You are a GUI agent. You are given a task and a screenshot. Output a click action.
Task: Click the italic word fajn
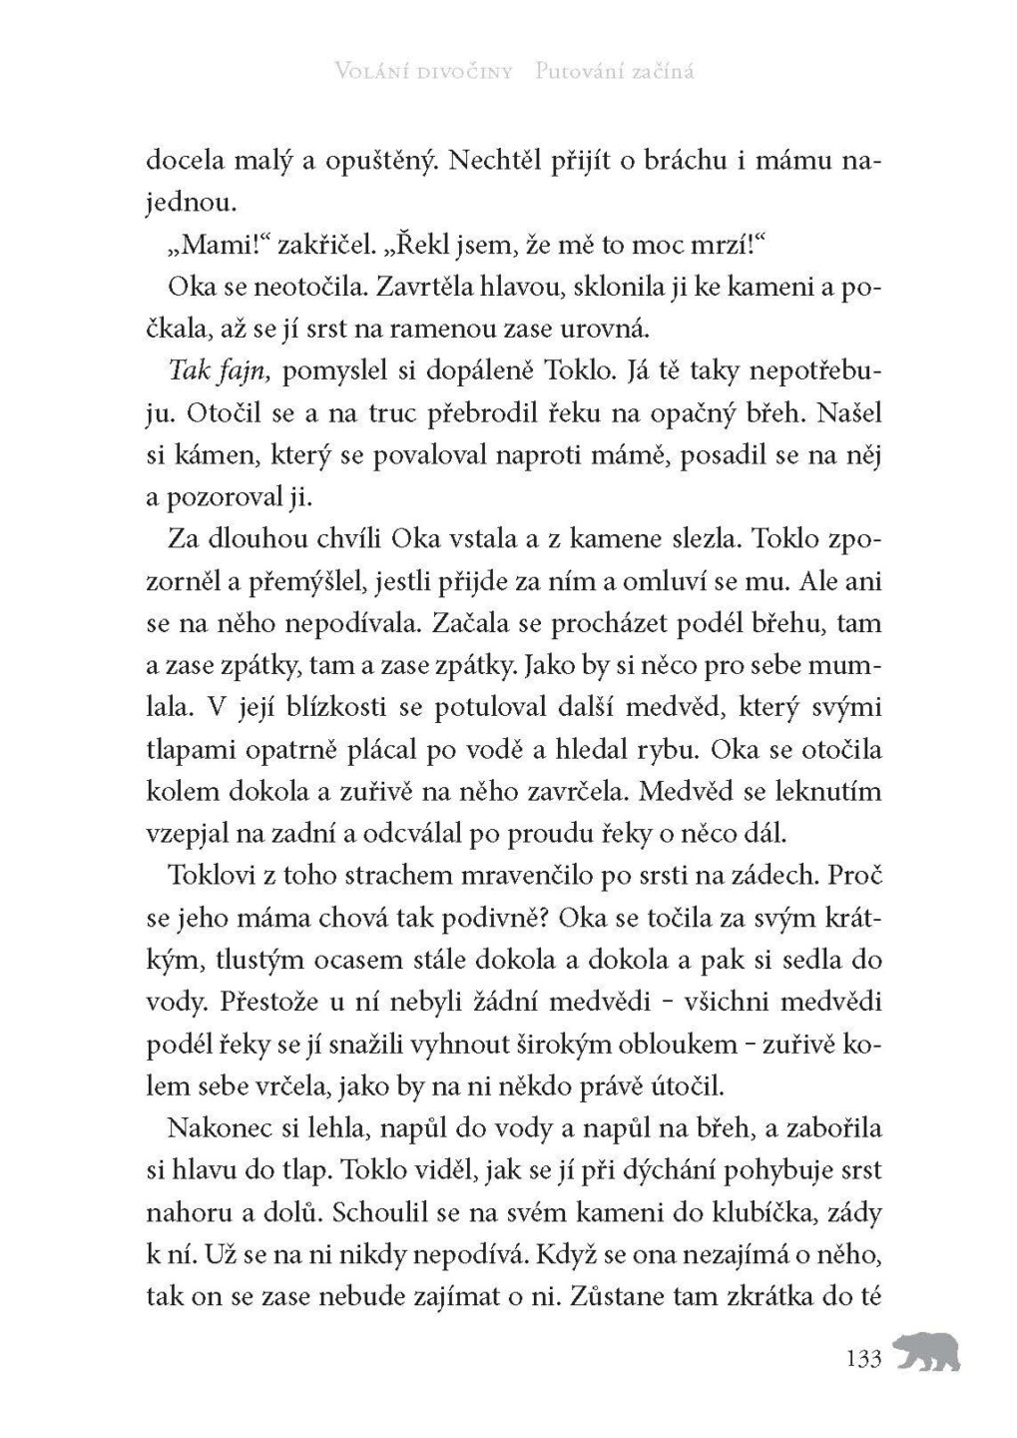click(243, 371)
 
